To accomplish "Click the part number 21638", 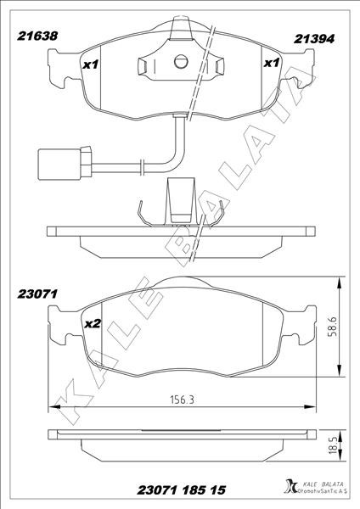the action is (x=37, y=36).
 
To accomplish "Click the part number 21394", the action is (x=314, y=39).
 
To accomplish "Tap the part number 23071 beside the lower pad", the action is (x=37, y=294).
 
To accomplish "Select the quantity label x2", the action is (x=93, y=324).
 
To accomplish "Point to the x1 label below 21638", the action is (x=90, y=65).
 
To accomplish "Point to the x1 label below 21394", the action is (x=272, y=63).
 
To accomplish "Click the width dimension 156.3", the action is (x=183, y=400).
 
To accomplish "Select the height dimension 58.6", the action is (x=332, y=327).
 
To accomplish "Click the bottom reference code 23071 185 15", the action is (x=182, y=489).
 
